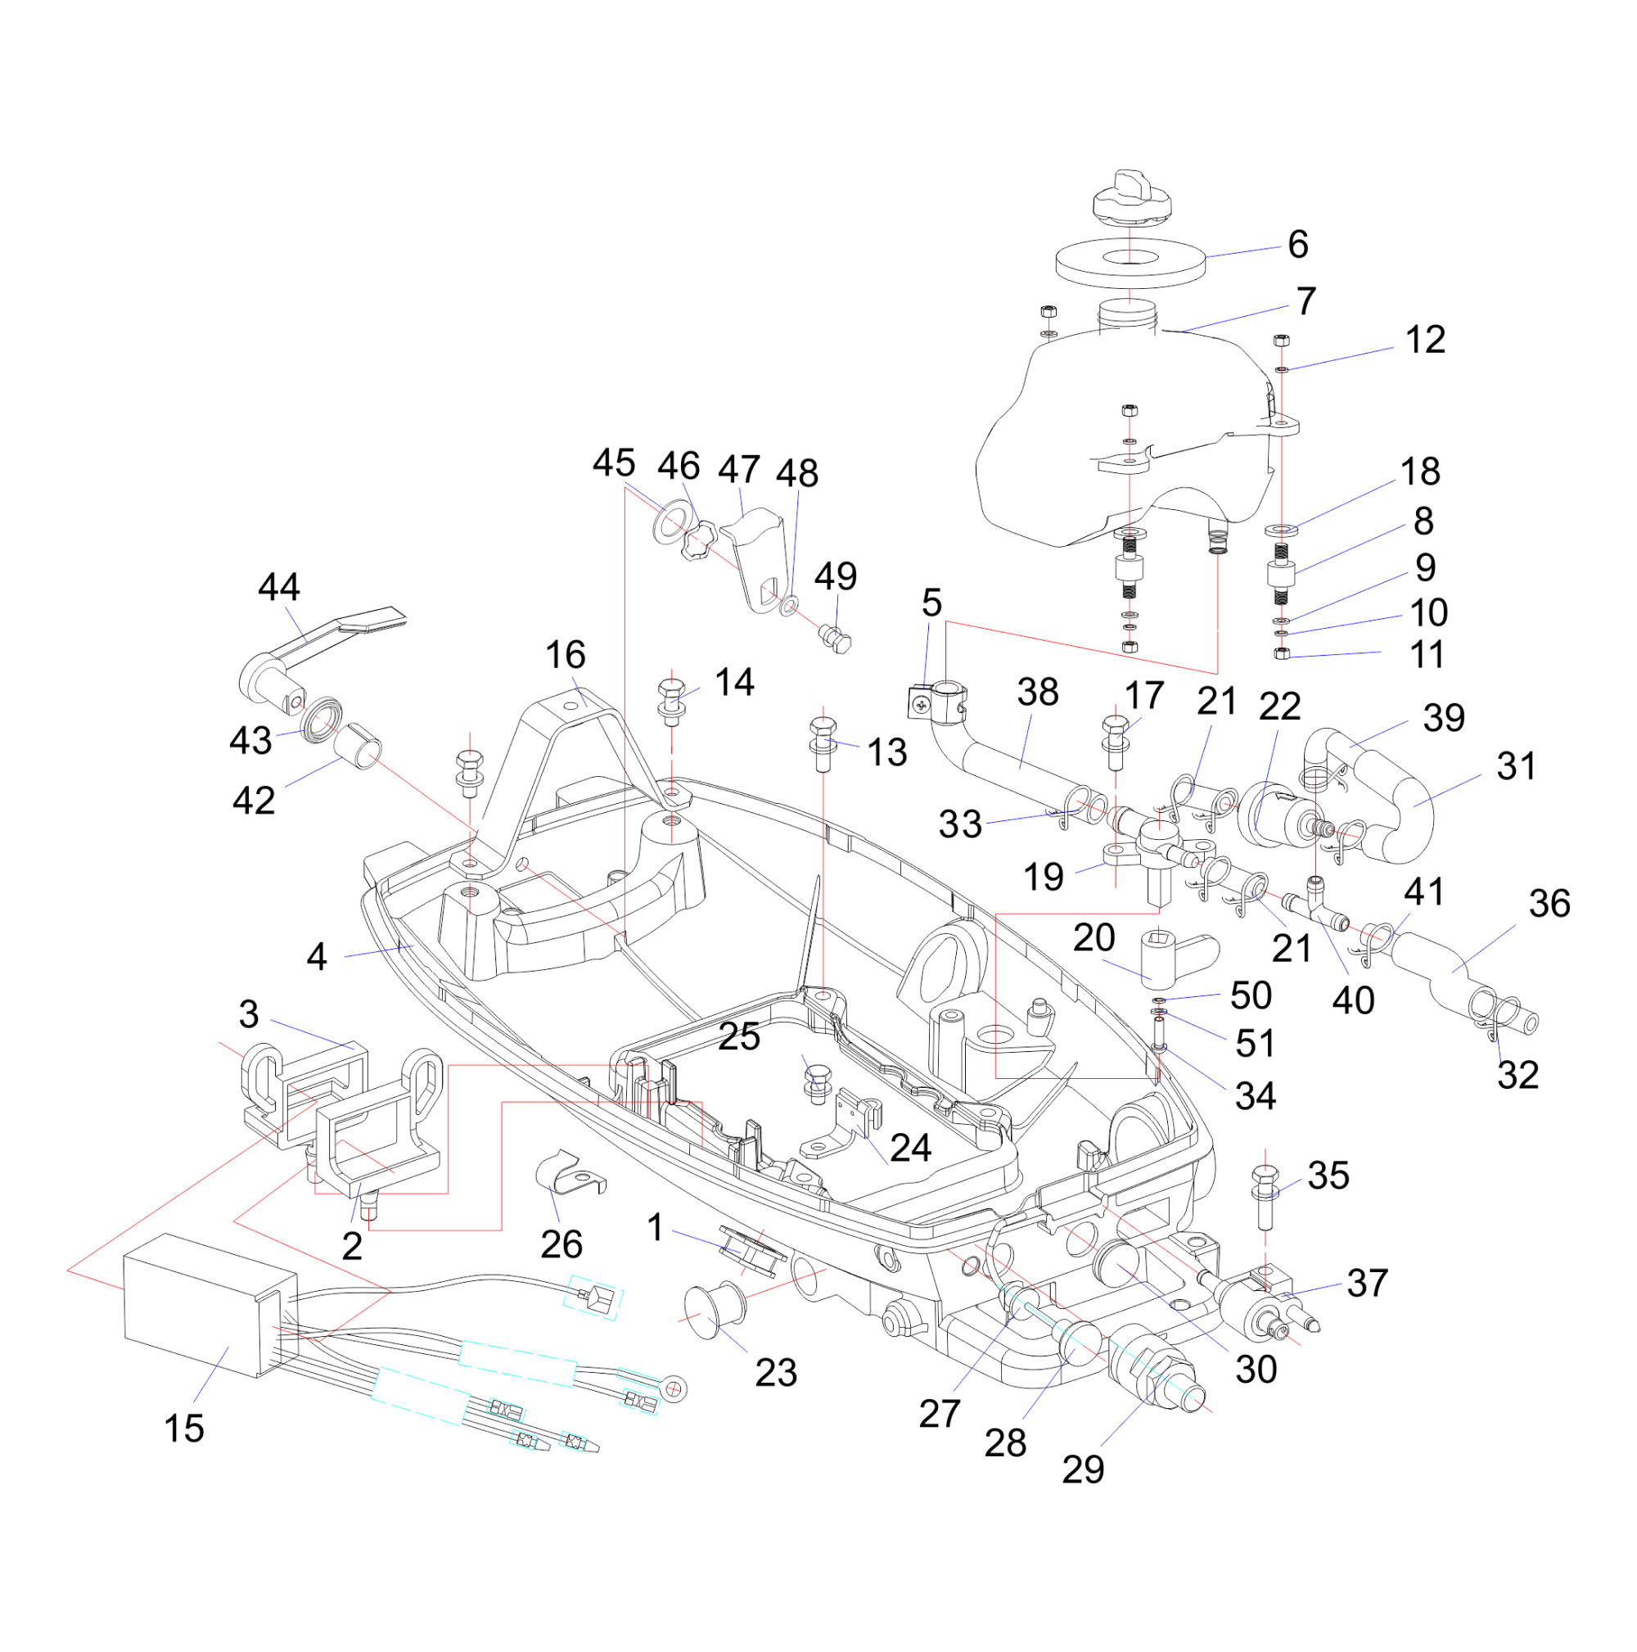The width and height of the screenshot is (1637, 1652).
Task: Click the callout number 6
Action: pos(1297,246)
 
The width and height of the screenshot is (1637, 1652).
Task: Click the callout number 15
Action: pos(184,1429)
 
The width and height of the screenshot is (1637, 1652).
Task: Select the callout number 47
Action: pos(738,469)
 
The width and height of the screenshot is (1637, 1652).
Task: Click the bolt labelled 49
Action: pos(835,639)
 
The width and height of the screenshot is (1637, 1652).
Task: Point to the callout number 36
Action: pos(1549,904)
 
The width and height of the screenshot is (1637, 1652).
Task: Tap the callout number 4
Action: pos(316,957)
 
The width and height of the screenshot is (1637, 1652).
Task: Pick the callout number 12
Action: pos(1425,341)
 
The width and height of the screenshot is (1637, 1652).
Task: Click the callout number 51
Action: pos(1255,1044)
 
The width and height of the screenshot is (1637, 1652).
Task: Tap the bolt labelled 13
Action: pos(823,743)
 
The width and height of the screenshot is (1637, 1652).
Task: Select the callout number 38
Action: pos(1038,693)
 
